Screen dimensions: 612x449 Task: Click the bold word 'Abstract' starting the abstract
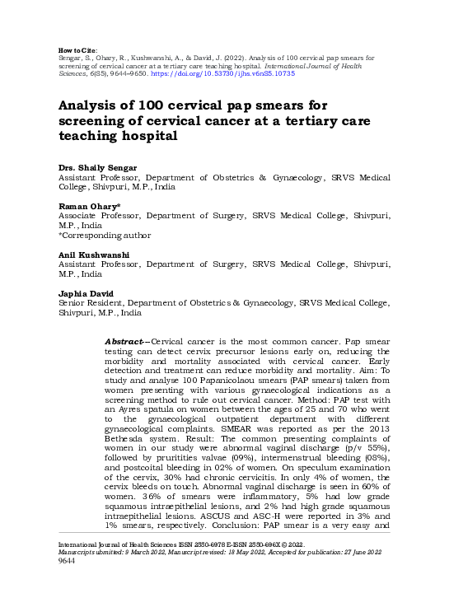[x=126, y=341]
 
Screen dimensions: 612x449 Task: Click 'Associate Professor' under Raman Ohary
[x=97, y=216]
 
